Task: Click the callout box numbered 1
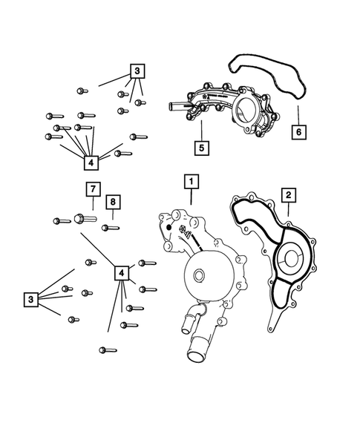click(x=191, y=180)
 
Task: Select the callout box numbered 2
click(x=288, y=195)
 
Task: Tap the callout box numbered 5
click(x=202, y=147)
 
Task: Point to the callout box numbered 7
click(x=92, y=188)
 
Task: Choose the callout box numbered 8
click(x=112, y=202)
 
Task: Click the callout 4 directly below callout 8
click(x=121, y=273)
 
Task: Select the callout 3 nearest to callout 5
click(x=137, y=71)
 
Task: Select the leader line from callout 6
click(x=297, y=116)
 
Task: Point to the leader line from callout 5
click(x=200, y=130)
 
